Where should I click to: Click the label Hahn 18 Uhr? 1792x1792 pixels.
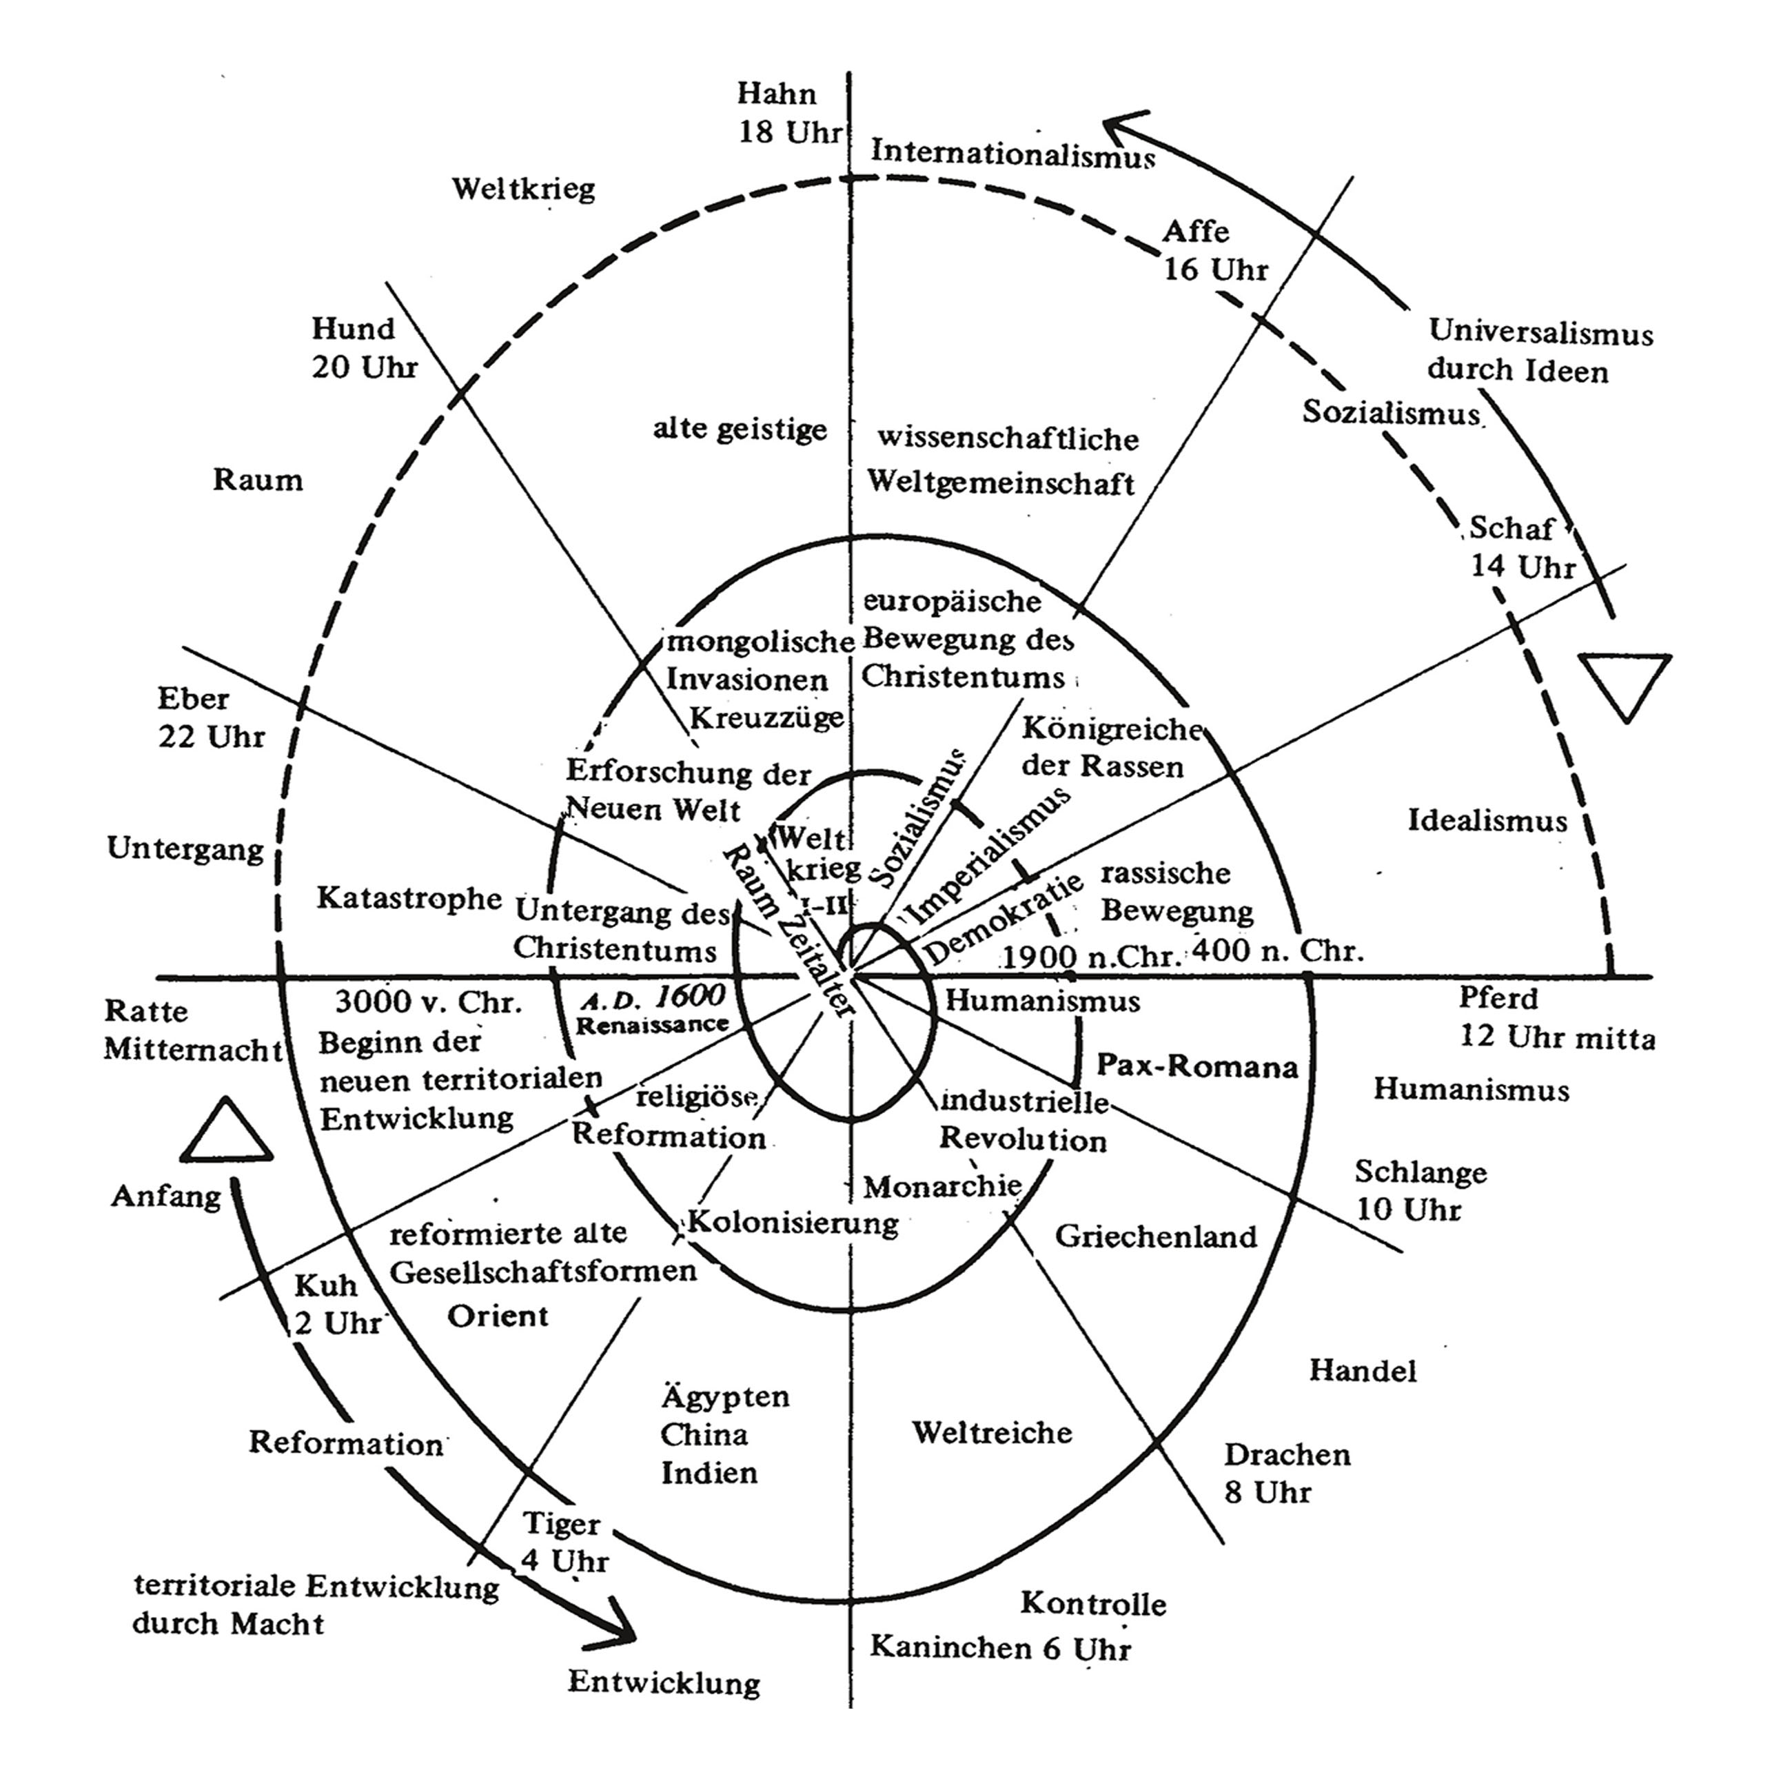point(789,113)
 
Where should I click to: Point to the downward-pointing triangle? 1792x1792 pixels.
point(1625,682)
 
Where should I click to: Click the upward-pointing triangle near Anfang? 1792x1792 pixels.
point(226,1134)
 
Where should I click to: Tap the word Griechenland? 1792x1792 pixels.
point(1156,1236)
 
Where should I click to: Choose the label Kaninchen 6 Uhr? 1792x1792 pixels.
point(1000,1648)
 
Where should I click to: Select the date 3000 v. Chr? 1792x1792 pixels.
point(429,1001)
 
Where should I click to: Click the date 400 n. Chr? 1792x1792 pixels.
point(1277,950)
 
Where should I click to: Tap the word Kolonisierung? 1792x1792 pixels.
point(793,1223)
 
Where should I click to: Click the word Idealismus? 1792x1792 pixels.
point(1487,821)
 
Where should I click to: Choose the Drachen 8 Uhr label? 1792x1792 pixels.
point(1285,1473)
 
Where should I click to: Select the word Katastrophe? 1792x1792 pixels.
point(409,898)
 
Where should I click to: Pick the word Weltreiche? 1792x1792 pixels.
point(992,1432)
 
